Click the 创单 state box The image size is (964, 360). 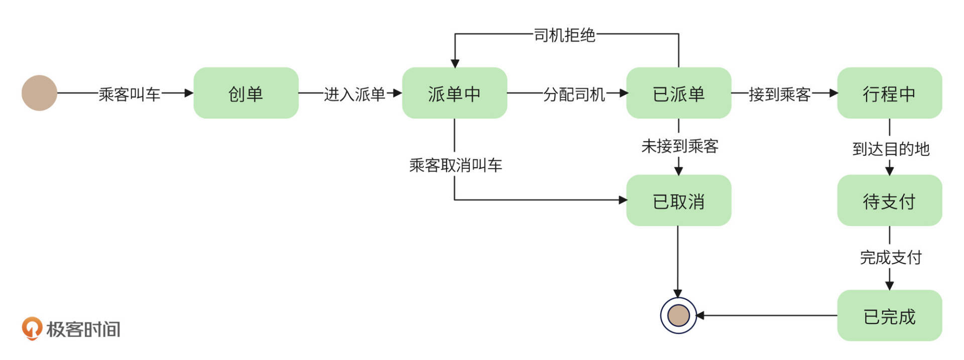pyautogui.click(x=246, y=93)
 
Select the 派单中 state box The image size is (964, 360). pyautogui.click(x=454, y=93)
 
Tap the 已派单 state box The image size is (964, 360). pyautogui.click(x=678, y=93)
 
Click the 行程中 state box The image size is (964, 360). pyautogui.click(x=889, y=93)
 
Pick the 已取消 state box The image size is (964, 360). pyautogui.click(x=678, y=201)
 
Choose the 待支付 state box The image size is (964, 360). pyautogui.click(x=889, y=201)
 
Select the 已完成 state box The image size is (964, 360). pyautogui.click(x=889, y=316)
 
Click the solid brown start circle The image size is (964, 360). pyautogui.click(x=39, y=93)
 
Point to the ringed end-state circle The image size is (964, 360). pyautogui.click(x=678, y=315)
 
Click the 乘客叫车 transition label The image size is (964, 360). pyautogui.click(x=129, y=94)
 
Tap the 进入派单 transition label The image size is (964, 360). pyautogui.click(x=354, y=94)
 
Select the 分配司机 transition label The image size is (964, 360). pyautogui.click(x=573, y=94)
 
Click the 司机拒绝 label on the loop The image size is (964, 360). pyautogui.click(x=564, y=35)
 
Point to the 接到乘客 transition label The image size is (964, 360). pyautogui.click(x=779, y=94)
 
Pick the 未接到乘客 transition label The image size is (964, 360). pyautogui.click(x=680, y=146)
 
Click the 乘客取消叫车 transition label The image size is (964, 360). pyautogui.click(x=455, y=165)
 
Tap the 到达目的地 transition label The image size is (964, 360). pyautogui.click(x=891, y=149)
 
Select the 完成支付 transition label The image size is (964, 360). pyautogui.click(x=891, y=257)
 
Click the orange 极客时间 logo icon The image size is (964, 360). pyautogui.click(x=31, y=328)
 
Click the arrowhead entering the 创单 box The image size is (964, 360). pyautogui.click(x=189, y=93)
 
